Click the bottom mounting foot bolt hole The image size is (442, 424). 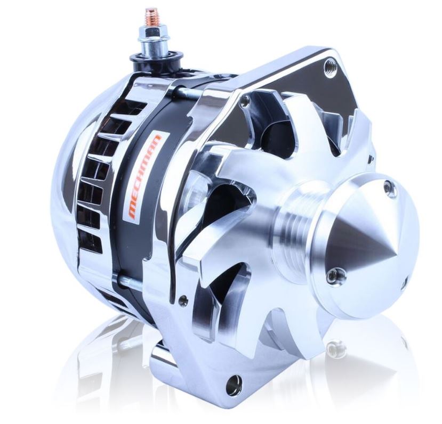233,384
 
